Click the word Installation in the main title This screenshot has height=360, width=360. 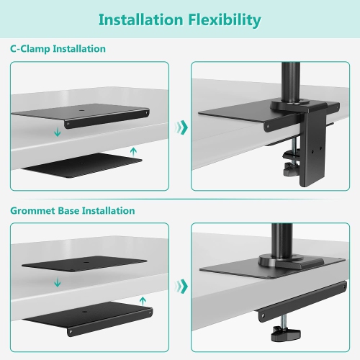(x=141, y=19)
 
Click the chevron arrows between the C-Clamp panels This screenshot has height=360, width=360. (x=182, y=127)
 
